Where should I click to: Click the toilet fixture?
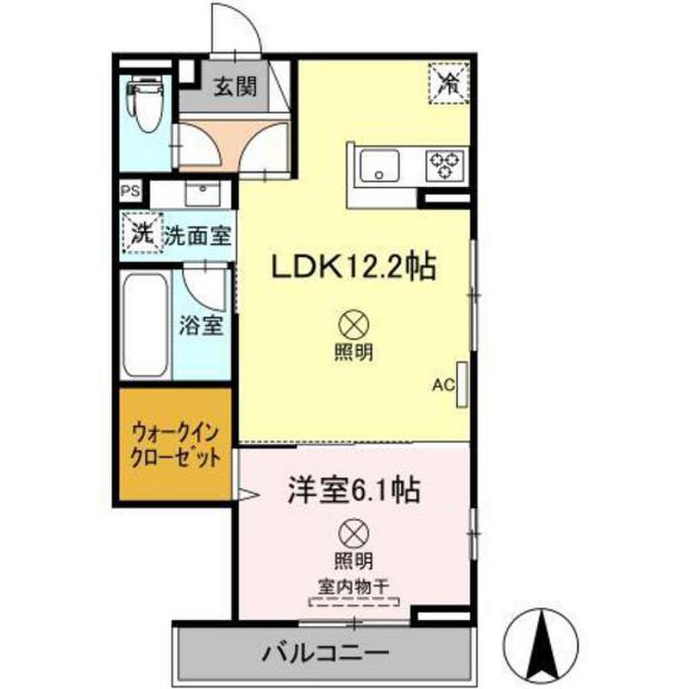tap(145, 103)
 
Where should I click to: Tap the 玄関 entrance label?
tap(235, 86)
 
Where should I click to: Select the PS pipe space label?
tap(130, 191)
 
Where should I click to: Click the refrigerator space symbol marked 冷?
tap(449, 83)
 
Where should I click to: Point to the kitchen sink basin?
tap(379, 166)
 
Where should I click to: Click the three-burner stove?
tap(445, 166)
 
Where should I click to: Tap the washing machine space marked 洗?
tap(143, 233)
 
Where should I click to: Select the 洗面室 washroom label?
tap(198, 236)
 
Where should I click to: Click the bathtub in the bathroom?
tap(145, 325)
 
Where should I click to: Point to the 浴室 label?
tap(201, 326)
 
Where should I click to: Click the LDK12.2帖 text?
tap(354, 266)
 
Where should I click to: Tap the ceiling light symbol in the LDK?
tap(354, 325)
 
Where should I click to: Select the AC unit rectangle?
tap(462, 384)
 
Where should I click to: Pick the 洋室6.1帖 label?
tap(353, 490)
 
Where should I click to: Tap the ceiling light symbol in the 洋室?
tap(354, 534)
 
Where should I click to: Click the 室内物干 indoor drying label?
tap(354, 587)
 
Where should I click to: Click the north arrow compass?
tap(541, 645)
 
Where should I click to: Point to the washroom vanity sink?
tap(203, 194)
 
